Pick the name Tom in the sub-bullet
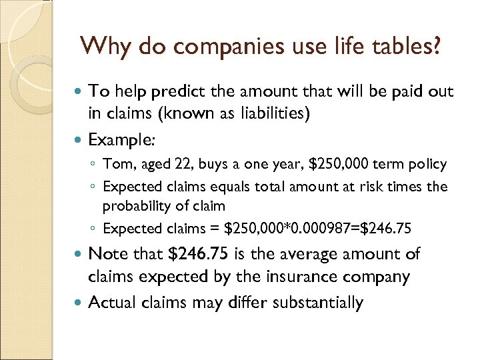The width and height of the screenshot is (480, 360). coord(117,164)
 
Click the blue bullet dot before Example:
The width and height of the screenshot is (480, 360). coord(79,141)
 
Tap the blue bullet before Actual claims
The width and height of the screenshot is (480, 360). coord(79,303)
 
